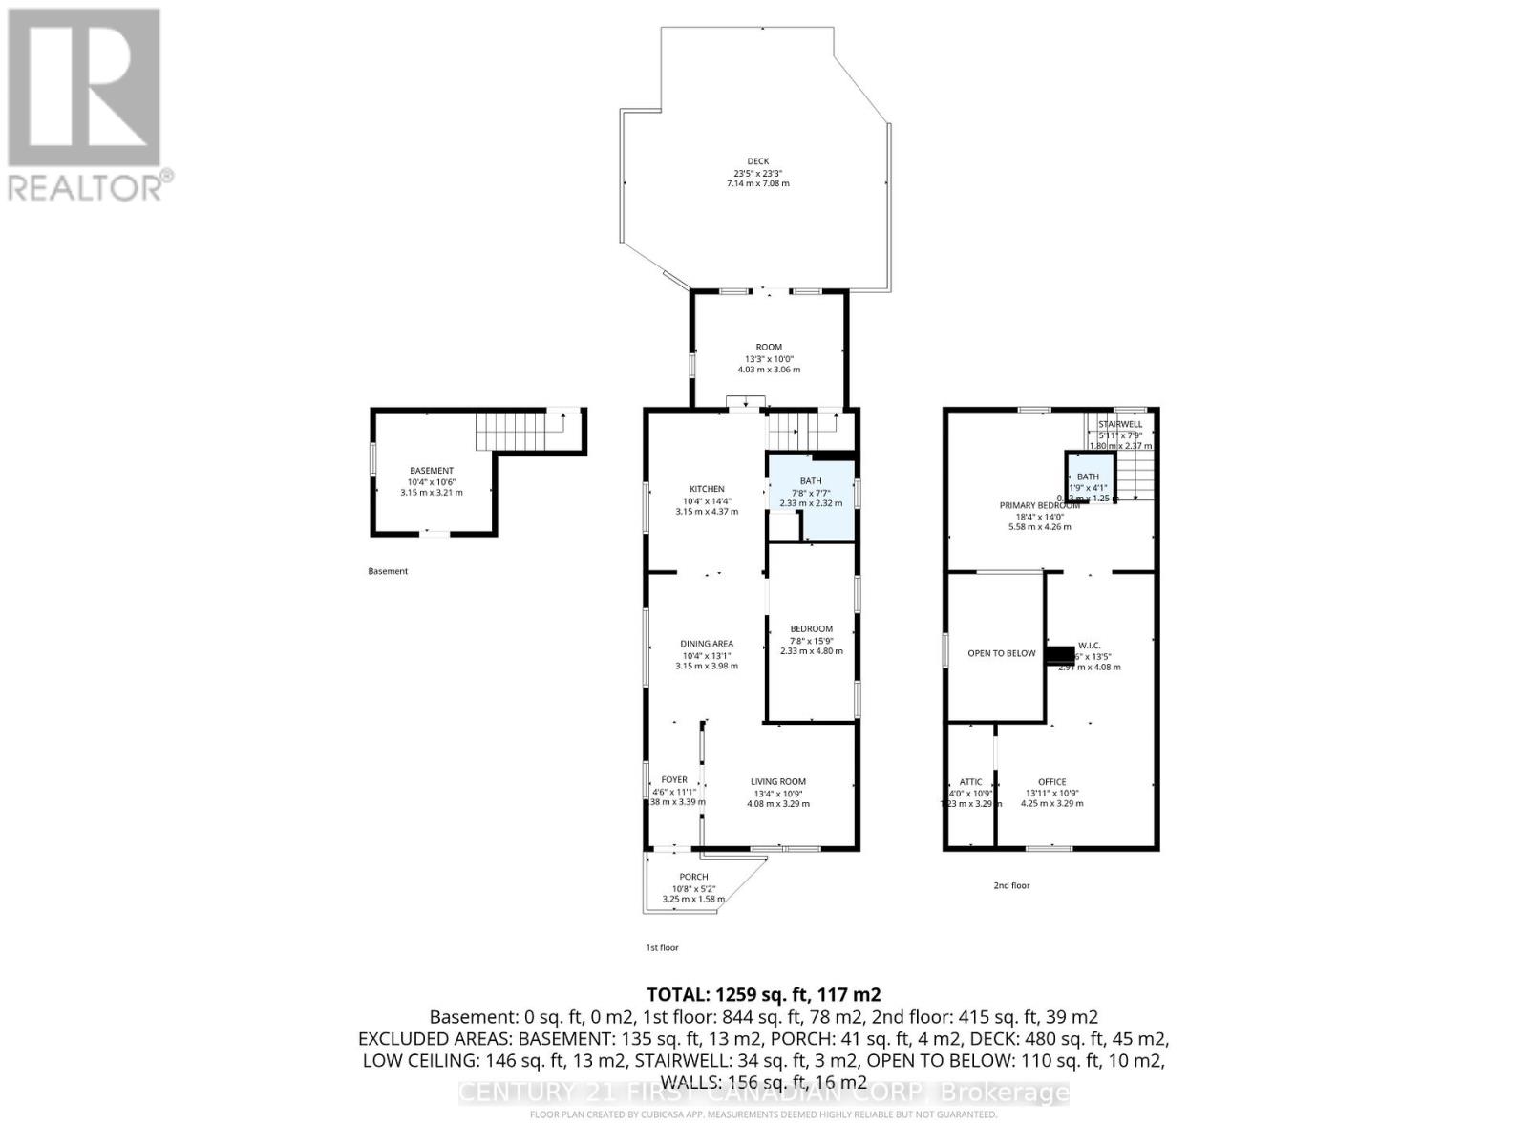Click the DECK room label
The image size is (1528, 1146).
point(757,161)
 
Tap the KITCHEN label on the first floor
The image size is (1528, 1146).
point(707,489)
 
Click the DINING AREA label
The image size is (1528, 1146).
point(707,644)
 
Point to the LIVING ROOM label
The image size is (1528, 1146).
point(777,781)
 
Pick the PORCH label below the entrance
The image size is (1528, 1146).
point(693,877)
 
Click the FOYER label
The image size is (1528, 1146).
point(673,779)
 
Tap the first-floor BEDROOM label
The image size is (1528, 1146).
point(811,628)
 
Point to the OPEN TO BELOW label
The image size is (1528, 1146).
point(1001,653)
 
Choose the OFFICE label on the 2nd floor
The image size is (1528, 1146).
point(1051,781)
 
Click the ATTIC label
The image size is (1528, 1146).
point(970,781)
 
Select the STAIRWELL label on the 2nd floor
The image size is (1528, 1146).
point(1119,424)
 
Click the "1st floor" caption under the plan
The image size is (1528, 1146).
point(662,947)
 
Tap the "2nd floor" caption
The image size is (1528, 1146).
point(1011,885)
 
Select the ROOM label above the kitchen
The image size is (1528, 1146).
point(769,347)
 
